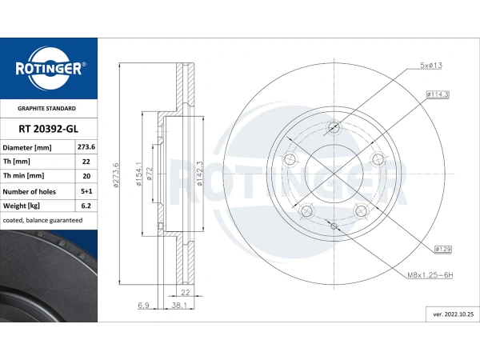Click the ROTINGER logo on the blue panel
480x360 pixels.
click(48, 68)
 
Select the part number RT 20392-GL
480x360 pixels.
click(47, 128)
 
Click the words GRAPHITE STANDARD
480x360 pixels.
click(47, 107)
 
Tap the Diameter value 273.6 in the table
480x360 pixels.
click(86, 147)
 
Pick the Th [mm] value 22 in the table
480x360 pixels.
click(86, 162)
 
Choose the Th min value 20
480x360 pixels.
click(86, 176)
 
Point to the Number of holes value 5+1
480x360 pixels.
click(86, 191)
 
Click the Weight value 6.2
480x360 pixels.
click(86, 206)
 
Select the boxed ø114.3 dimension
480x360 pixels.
click(437, 94)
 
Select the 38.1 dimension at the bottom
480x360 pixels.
click(179, 305)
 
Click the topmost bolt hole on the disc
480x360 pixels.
click(334, 127)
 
